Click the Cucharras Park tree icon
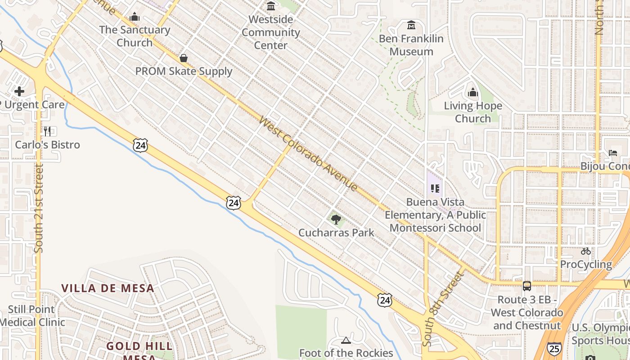[336, 220]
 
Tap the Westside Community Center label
[271, 32]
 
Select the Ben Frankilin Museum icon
[411, 25]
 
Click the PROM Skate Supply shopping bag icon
[184, 58]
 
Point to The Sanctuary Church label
[135, 36]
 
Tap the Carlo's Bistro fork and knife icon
[47, 131]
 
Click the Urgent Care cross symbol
[19, 91]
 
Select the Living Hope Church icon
[473, 93]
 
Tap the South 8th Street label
[443, 308]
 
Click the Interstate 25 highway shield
[554, 348]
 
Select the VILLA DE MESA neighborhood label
[108, 288]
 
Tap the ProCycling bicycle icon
[585, 251]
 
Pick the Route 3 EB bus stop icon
[526, 286]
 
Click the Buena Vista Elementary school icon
[435, 189]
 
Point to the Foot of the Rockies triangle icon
[346, 340]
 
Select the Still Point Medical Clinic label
[31, 316]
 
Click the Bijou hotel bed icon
[613, 153]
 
